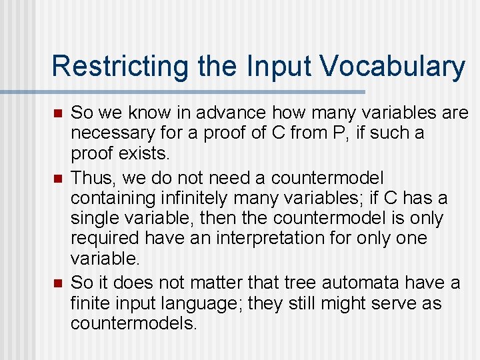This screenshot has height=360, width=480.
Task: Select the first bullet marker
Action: click(x=58, y=113)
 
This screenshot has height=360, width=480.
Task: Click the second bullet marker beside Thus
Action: click(x=58, y=177)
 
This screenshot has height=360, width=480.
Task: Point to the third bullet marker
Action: click(x=58, y=284)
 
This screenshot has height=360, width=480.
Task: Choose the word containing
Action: click(x=109, y=198)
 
